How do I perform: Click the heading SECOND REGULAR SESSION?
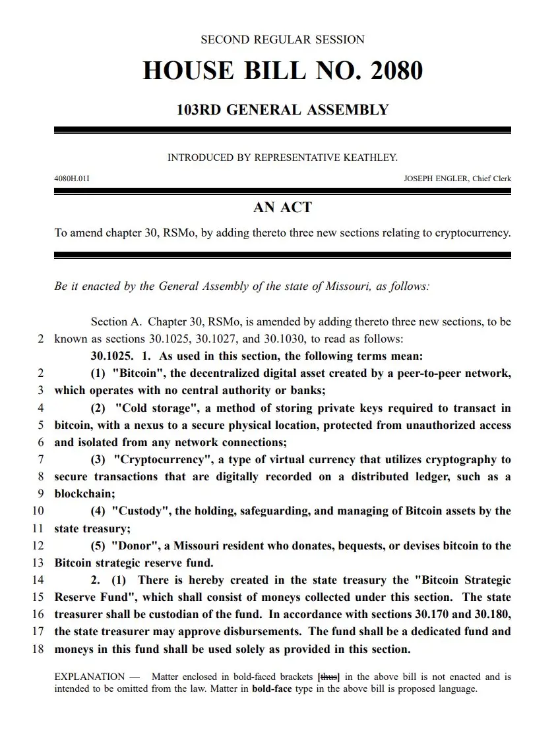click(282, 40)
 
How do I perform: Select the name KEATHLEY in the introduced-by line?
click(371, 157)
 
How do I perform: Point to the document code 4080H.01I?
click(72, 179)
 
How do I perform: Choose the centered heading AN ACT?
click(282, 208)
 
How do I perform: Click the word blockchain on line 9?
click(84, 493)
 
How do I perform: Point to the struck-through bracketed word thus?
click(329, 677)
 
